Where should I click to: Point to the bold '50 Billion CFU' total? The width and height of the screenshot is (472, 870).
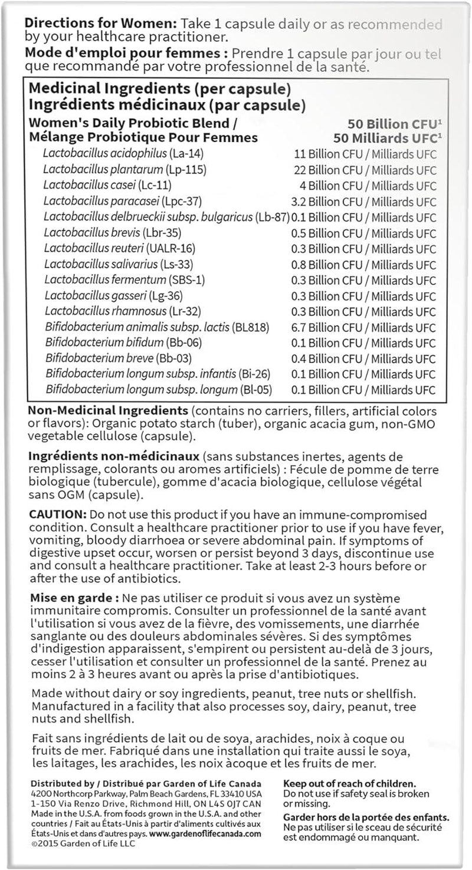pos(394,124)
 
